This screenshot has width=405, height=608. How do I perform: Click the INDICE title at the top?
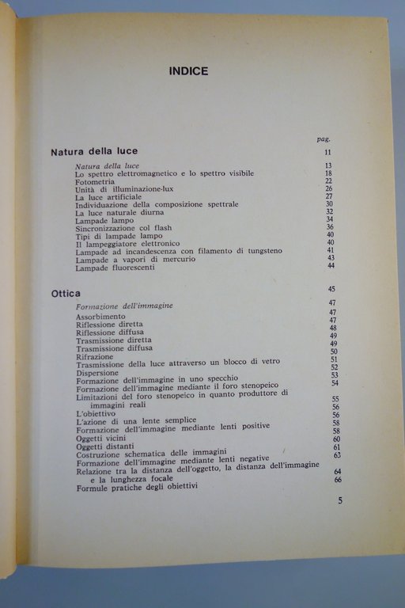click(x=188, y=71)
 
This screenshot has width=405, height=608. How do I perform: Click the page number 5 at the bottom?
click(x=340, y=500)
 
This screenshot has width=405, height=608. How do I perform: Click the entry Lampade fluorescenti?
click(x=115, y=268)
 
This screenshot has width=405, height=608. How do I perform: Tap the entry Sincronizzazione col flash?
click(x=123, y=228)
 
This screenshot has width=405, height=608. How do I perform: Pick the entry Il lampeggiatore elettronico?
click(x=127, y=243)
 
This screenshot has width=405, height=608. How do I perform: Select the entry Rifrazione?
click(x=94, y=357)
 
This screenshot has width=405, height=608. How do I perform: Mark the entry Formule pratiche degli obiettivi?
click(x=137, y=486)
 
